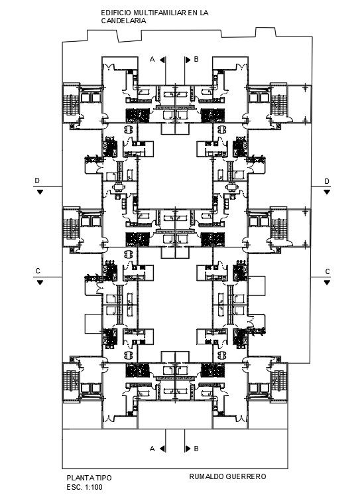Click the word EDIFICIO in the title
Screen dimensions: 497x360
[115, 13]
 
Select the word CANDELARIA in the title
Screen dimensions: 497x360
[123, 21]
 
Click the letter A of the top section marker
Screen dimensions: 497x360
[152, 60]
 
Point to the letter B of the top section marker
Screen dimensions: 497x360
[196, 60]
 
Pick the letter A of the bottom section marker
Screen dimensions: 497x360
[152, 449]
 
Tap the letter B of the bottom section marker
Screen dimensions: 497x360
[196, 449]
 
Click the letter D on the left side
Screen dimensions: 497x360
[38, 181]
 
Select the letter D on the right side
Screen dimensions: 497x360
[327, 181]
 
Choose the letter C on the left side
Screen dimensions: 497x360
[38, 271]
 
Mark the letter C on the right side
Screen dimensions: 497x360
[327, 271]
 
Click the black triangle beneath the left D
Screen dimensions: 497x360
[40, 192]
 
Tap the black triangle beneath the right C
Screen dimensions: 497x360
[327, 282]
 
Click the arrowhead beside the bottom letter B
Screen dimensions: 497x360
[188, 449]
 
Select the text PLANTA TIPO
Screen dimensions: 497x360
[89, 478]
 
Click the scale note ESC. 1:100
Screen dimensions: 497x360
[84, 486]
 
